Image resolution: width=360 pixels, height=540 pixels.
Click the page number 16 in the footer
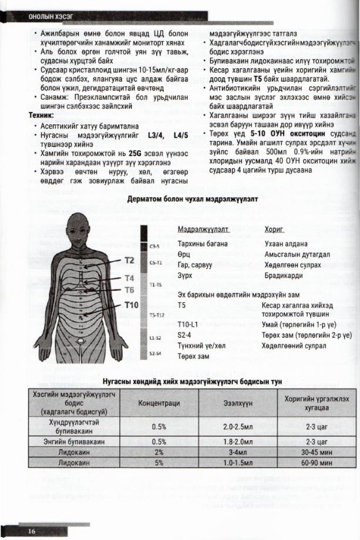[x=31, y=531]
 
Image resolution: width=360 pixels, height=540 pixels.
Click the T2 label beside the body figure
[x=130, y=259]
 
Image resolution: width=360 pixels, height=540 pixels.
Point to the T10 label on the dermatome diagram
[x=131, y=305]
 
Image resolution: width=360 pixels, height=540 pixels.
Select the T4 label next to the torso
[x=130, y=278]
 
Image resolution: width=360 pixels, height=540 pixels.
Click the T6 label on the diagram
[x=130, y=290]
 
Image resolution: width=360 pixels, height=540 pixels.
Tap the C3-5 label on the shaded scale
[x=156, y=247]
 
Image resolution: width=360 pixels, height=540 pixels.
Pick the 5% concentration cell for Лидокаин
[x=159, y=463]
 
